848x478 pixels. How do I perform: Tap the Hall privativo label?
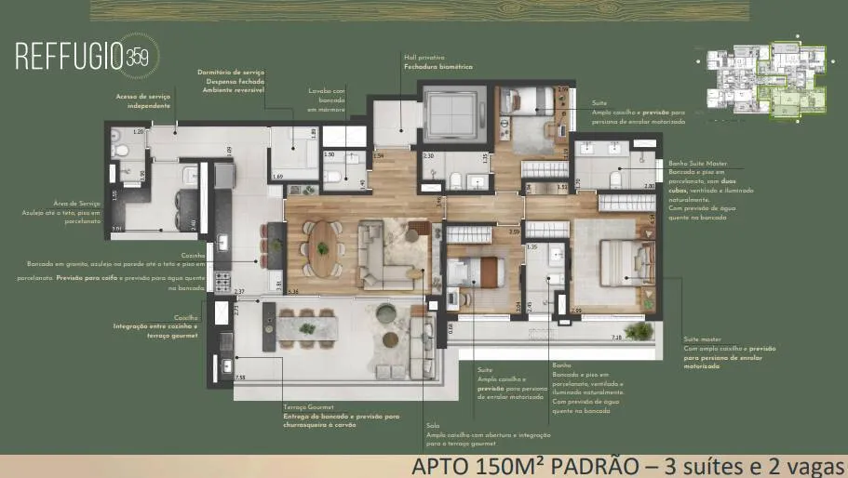pos(421,57)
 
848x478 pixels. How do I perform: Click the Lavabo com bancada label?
pos(328,94)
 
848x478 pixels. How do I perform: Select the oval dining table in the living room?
pos(322,246)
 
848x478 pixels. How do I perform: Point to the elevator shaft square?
pos(452,115)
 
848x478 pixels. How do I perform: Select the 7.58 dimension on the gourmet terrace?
pos(241,377)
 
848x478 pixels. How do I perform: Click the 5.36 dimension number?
pos(293,291)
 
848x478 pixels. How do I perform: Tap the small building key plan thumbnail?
pos(760,83)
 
